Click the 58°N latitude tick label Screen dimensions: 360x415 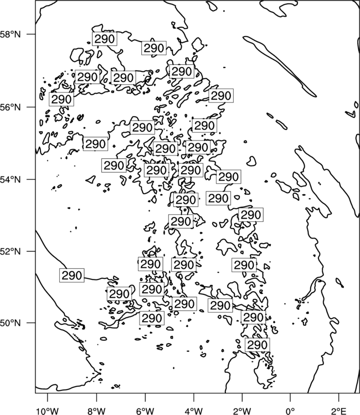10,34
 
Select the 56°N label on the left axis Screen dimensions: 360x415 10,107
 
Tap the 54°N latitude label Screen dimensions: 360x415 10,180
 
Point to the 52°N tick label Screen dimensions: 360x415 10,251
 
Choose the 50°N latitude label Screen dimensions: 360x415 10,323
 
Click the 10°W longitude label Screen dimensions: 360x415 47,411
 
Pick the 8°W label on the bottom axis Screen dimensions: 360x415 96,411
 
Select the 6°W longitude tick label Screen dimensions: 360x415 145,411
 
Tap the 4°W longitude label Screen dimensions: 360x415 193,411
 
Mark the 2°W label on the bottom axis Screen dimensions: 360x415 242,411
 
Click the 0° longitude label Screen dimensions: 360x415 290,411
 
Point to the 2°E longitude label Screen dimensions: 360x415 339,411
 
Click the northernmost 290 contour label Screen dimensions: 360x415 105,39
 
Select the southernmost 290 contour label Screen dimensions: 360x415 257,345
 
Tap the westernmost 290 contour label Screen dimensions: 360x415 61,99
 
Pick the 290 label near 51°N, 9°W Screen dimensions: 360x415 72,275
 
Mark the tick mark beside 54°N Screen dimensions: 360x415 30,179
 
